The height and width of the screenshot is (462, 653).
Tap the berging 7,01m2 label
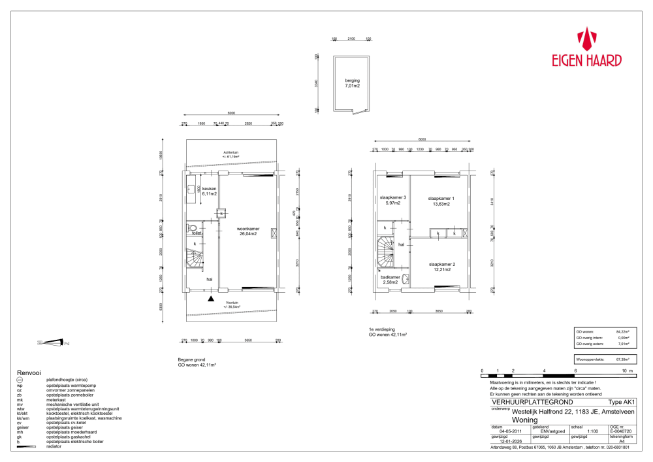[x=353, y=83]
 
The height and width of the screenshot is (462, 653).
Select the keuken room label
[x=209, y=191]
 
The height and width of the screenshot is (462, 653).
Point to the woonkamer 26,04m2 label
[x=248, y=231]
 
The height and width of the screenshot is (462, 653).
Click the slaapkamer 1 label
[x=441, y=201]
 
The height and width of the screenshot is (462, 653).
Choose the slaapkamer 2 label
[x=442, y=266]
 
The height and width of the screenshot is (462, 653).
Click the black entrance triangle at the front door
[x=210, y=299]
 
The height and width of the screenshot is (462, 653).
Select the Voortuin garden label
[x=231, y=305]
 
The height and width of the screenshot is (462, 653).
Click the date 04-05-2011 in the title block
[x=509, y=431]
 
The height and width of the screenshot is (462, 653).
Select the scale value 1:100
[x=592, y=431]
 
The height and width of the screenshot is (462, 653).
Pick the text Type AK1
[x=620, y=403]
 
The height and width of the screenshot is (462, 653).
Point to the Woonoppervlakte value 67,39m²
[x=624, y=359]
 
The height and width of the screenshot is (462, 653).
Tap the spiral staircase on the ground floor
[x=194, y=259]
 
